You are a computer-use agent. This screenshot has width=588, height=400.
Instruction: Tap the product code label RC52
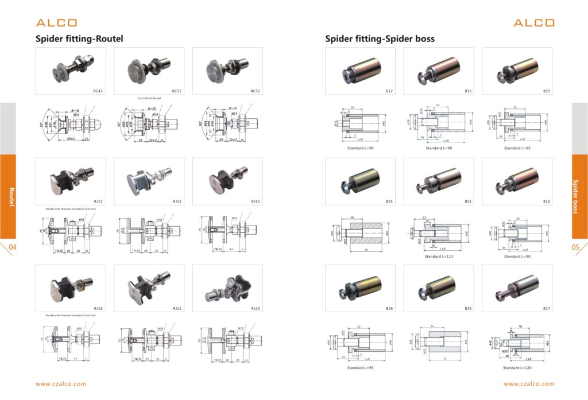(256, 91)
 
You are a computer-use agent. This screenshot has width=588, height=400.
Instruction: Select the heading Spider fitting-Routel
(79, 39)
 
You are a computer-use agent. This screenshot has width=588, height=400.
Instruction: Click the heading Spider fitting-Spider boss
(380, 39)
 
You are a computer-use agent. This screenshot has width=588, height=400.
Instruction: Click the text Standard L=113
(439, 257)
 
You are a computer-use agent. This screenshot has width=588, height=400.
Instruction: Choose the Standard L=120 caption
(518, 367)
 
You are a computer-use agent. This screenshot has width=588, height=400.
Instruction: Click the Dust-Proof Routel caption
(149, 98)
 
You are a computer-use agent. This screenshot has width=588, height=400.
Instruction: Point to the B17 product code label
(546, 309)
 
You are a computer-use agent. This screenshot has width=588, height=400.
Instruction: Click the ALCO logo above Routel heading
(56, 23)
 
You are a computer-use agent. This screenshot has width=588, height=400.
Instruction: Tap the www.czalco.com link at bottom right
(529, 384)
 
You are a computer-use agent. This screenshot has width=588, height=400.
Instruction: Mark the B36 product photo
(438, 287)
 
